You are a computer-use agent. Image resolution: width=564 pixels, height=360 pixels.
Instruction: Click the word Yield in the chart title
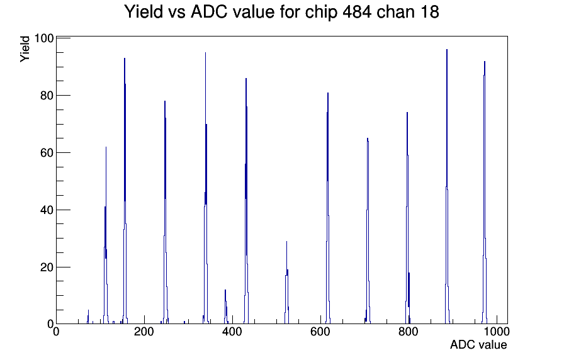(144, 11)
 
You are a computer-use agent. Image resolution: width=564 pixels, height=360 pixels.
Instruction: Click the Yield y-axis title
(25, 49)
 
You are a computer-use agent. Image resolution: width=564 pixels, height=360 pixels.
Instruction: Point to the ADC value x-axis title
(478, 344)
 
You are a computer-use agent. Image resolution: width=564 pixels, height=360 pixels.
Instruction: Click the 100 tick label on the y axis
(44, 38)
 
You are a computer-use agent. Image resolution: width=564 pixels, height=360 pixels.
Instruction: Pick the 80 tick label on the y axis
(47, 96)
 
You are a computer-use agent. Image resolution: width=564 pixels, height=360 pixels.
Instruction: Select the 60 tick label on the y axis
(47, 153)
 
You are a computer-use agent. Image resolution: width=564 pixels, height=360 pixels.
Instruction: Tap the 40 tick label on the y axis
(47, 210)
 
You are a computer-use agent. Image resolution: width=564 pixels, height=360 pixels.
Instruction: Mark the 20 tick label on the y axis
(47, 267)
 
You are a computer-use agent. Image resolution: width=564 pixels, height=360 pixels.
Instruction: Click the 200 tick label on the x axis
(144, 332)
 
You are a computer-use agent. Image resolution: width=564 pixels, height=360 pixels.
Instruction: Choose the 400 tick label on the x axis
(232, 332)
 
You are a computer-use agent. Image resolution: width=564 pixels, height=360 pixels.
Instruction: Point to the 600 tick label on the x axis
(320, 332)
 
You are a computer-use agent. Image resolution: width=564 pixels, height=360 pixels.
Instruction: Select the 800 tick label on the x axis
(409, 332)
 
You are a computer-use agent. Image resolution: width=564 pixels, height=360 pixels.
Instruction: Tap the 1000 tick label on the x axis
(497, 332)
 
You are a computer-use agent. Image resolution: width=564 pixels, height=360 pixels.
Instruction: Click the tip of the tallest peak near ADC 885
(447, 50)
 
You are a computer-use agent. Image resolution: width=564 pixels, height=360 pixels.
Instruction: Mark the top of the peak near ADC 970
(485, 62)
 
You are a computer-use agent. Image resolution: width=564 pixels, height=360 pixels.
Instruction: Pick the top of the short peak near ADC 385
(225, 290)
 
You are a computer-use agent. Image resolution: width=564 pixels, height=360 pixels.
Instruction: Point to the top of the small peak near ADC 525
(286, 242)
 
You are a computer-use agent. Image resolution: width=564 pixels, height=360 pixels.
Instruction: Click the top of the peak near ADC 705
(368, 138)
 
